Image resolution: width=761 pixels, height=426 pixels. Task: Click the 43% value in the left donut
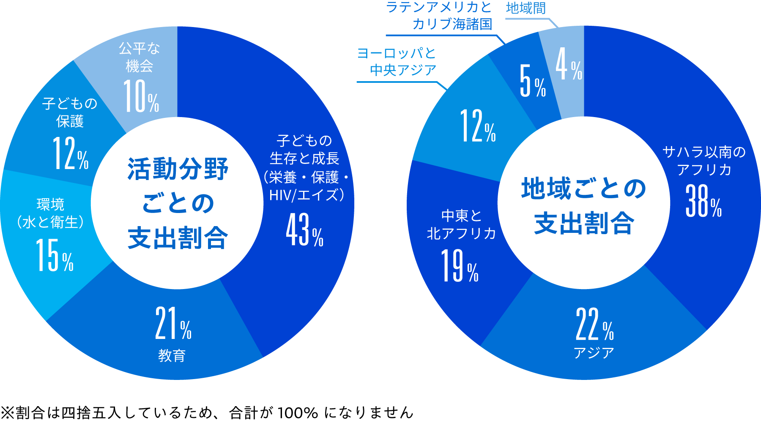(304, 230)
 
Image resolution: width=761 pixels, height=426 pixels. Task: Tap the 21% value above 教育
(173, 324)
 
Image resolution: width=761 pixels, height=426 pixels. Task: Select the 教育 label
(172, 356)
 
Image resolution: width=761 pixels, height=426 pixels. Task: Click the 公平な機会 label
(139, 57)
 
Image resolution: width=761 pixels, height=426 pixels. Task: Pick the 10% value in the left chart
(141, 97)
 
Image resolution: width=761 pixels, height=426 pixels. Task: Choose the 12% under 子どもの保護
(71, 154)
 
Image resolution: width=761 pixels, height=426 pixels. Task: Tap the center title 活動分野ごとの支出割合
(178, 203)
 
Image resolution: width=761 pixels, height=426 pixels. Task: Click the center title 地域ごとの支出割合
(583, 206)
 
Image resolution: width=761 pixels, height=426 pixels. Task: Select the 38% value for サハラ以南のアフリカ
(704, 202)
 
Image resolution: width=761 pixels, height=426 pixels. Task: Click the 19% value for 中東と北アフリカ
(460, 266)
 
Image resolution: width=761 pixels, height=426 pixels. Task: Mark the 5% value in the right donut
(532, 82)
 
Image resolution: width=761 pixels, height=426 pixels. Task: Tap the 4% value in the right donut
(569, 65)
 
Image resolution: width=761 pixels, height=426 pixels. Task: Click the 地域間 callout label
(526, 8)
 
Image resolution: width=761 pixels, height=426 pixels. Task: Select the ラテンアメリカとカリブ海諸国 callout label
(440, 16)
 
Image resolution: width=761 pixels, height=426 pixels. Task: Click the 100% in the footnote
(298, 413)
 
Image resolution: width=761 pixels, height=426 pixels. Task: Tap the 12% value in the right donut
(478, 126)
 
